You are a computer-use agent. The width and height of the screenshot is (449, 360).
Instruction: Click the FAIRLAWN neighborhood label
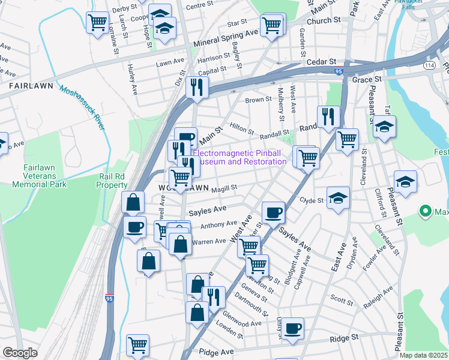pos(33,86)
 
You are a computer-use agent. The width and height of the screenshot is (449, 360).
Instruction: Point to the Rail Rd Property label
pos(112,181)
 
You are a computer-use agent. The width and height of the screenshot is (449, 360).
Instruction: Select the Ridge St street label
pos(344,338)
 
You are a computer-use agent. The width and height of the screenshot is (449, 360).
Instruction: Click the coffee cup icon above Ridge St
pos(292,329)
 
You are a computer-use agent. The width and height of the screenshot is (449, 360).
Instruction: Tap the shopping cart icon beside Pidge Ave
pos(137,346)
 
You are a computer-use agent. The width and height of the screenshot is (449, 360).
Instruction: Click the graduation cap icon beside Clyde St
pos(339,199)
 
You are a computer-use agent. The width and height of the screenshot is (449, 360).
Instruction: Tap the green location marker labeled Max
pos(426,211)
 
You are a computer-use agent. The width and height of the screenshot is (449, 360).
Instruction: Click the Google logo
pos(20,353)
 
